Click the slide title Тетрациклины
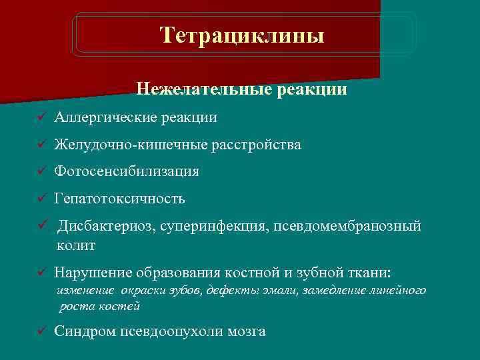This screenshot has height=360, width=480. [x=242, y=35]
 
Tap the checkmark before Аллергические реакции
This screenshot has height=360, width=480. [x=41, y=118]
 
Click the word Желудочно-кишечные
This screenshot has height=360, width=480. [x=131, y=145]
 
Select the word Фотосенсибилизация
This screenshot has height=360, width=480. [x=127, y=171]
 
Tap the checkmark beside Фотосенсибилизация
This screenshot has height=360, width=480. [x=41, y=171]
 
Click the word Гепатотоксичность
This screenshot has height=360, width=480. [x=120, y=199]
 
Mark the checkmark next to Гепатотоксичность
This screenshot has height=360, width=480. [x=41, y=199]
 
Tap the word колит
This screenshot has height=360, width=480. [x=76, y=245]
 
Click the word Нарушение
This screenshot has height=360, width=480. [x=93, y=273]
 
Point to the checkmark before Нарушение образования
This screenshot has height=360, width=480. [x=41, y=273]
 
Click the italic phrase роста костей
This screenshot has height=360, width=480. [x=99, y=307]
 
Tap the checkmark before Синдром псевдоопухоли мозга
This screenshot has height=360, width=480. [x=41, y=331]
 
